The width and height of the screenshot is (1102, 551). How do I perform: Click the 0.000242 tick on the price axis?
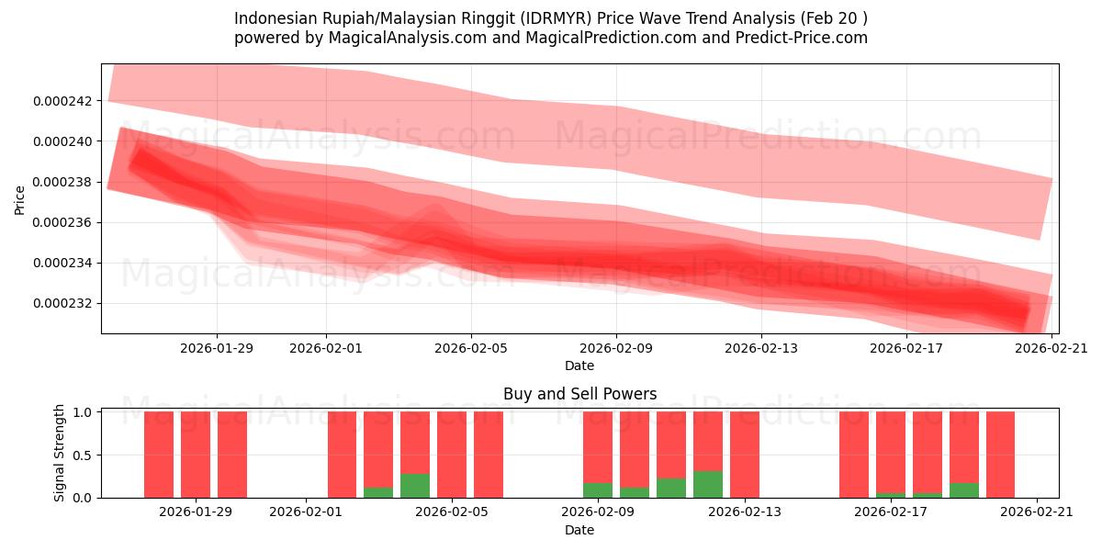pos(62,101)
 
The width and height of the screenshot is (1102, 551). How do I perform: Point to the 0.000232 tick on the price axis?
pos(62,304)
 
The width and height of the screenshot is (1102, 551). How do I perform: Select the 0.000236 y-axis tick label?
pos(62,223)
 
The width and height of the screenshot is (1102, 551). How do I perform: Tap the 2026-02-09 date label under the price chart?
pos(616,348)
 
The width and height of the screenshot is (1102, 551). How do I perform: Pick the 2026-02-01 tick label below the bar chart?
pos(306,512)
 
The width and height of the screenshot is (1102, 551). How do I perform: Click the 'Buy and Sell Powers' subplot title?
pos(579,394)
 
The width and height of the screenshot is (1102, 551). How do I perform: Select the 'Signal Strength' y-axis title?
pos(60,453)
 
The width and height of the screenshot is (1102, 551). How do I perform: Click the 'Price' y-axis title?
pos(20,199)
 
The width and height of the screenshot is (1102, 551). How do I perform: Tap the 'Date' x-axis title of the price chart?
pos(579,365)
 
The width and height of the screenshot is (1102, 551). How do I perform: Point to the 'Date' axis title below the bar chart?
pos(579,530)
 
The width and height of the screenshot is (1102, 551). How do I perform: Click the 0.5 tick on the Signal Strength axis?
pos(83,455)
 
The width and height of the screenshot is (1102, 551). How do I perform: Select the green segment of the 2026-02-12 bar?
pos(708,484)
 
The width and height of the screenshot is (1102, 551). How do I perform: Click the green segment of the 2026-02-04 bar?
pos(415,486)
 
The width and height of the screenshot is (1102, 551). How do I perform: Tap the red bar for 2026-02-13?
pos(745,455)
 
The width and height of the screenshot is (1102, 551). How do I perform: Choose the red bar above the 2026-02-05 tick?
pos(452,455)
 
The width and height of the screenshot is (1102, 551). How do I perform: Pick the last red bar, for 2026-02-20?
pos(1000,455)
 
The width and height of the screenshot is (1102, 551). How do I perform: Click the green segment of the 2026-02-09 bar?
pos(598,489)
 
